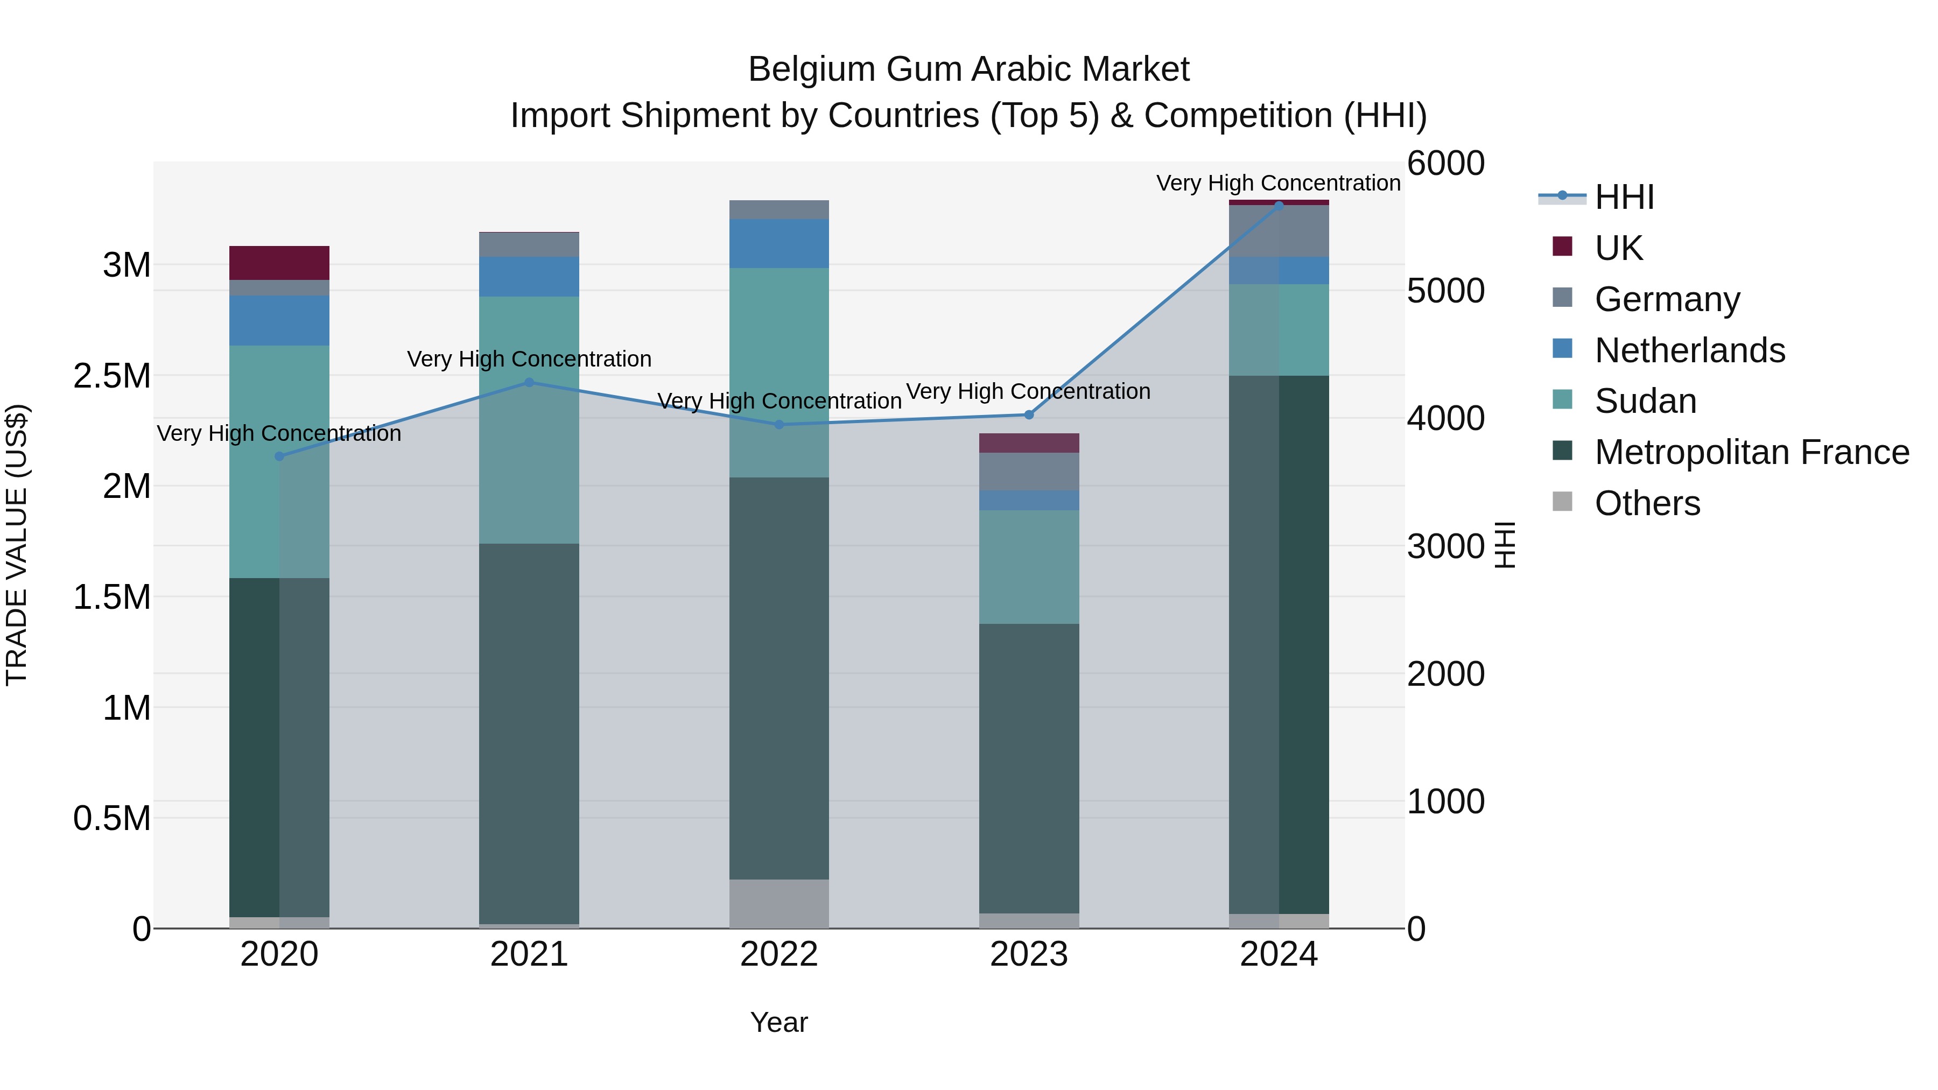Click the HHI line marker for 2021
(x=529, y=383)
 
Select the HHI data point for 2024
(x=1279, y=206)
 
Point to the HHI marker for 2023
(x=1029, y=415)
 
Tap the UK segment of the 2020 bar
(x=279, y=263)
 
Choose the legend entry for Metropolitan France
(x=1751, y=453)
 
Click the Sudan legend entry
(x=1645, y=402)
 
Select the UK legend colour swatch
(x=1563, y=247)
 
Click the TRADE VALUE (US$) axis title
(x=17, y=545)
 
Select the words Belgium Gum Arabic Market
(x=968, y=70)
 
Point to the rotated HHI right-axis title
(x=1505, y=545)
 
